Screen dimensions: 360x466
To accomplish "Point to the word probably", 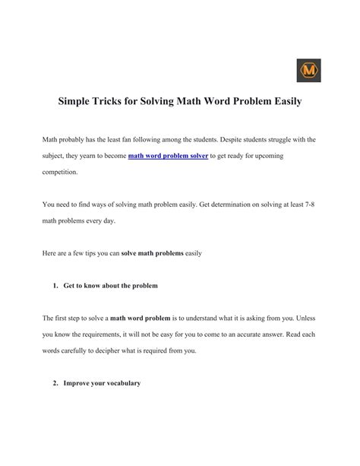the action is (x=77, y=140).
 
